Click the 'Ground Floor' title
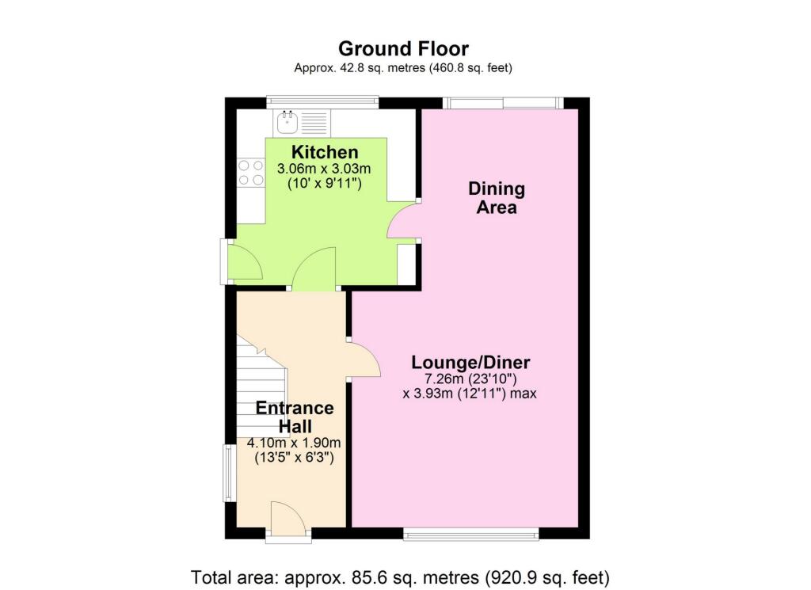(403, 49)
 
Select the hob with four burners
(251, 173)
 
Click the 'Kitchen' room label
(325, 152)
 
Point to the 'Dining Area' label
(497, 198)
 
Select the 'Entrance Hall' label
(295, 417)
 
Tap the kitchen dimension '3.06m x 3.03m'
(325, 169)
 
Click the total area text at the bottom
(400, 577)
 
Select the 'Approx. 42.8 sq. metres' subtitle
(403, 68)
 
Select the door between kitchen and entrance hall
(314, 271)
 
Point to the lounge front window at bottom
(471, 535)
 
